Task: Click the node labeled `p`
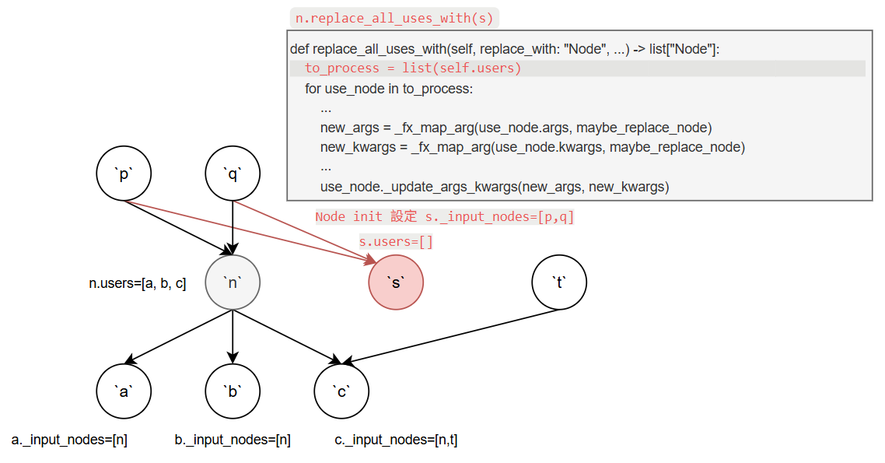pyautogui.click(x=124, y=174)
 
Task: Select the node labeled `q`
pyautogui.click(x=233, y=174)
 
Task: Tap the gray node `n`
pyautogui.click(x=233, y=282)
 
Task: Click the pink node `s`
pyautogui.click(x=395, y=282)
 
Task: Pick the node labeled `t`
pyautogui.click(x=559, y=282)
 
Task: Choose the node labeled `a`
pyautogui.click(x=124, y=391)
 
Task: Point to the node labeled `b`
pyautogui.click(x=233, y=391)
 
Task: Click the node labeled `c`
pyautogui.click(x=341, y=391)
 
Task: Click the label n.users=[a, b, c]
pyautogui.click(x=138, y=284)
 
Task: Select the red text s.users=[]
pyautogui.click(x=396, y=242)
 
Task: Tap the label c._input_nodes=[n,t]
pyautogui.click(x=396, y=440)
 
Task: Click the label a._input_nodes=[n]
pyautogui.click(x=69, y=440)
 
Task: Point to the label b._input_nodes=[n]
pyautogui.click(x=233, y=440)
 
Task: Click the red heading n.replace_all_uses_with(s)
pyautogui.click(x=394, y=18)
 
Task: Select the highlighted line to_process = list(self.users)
pyautogui.click(x=413, y=68)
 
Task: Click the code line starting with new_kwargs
pyautogui.click(x=532, y=147)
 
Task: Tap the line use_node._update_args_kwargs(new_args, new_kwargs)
pyautogui.click(x=495, y=187)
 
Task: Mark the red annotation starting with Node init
pyautogui.click(x=444, y=217)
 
